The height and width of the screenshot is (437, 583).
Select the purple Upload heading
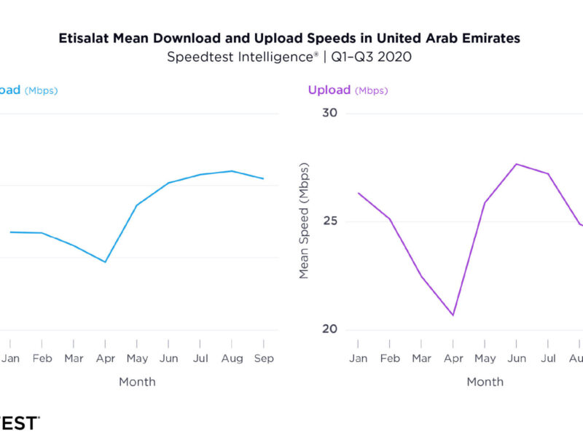tap(329, 90)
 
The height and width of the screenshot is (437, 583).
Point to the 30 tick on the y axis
tap(330, 113)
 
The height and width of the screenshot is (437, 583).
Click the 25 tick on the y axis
tap(330, 221)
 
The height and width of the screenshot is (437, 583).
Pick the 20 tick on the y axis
tap(330, 329)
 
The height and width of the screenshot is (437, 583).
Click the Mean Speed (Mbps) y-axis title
tap(304, 221)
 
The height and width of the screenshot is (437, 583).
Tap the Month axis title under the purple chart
tap(485, 382)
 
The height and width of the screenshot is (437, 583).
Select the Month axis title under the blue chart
tap(137, 382)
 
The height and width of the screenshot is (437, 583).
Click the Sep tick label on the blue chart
tap(264, 358)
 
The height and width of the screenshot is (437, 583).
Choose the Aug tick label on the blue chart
tap(232, 358)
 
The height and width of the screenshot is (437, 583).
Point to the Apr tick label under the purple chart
tap(453, 358)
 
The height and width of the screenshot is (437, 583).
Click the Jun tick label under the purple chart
tap(516, 358)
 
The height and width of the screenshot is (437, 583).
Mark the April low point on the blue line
tap(106, 262)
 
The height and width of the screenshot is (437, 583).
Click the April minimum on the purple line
tap(453, 315)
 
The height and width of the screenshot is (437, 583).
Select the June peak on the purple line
tap(516, 164)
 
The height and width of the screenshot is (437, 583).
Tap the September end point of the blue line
tap(264, 178)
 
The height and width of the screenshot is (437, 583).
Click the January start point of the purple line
tap(358, 193)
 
